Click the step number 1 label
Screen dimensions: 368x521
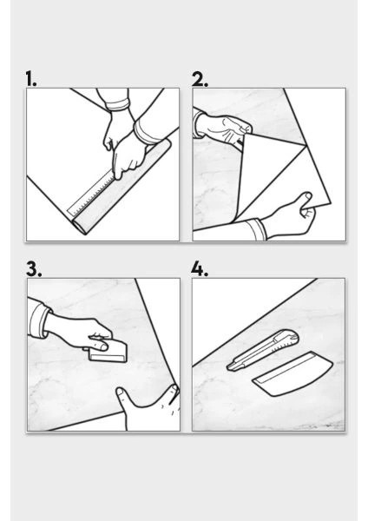point(31,79)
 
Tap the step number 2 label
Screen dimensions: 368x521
point(200,79)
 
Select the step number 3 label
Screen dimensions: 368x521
point(34,269)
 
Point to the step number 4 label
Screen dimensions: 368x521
point(200,269)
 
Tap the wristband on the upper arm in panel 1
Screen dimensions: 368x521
point(117,105)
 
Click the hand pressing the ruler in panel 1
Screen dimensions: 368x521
point(128,156)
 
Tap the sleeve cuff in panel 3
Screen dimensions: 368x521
point(38,319)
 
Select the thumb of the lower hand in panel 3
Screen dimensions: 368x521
point(123,397)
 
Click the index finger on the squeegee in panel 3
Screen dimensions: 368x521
point(99,346)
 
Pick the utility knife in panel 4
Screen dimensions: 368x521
point(262,350)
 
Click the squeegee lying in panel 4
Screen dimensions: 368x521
point(292,373)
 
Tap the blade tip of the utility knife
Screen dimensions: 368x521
point(228,367)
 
